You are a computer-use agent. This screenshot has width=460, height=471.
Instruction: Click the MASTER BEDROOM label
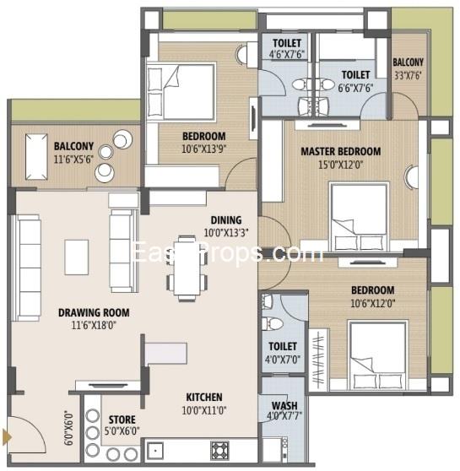point(340,152)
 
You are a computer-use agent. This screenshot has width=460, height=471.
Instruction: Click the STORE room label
point(122,418)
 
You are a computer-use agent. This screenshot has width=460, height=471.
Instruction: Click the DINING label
point(226,220)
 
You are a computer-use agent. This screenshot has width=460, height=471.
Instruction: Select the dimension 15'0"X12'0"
point(340,165)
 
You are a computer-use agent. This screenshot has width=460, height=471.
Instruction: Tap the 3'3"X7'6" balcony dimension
point(409,74)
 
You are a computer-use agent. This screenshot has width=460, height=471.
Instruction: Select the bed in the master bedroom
point(359,210)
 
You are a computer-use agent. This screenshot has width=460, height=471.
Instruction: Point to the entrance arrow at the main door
point(7,436)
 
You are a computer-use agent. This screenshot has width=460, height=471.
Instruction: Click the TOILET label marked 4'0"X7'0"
point(281,346)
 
